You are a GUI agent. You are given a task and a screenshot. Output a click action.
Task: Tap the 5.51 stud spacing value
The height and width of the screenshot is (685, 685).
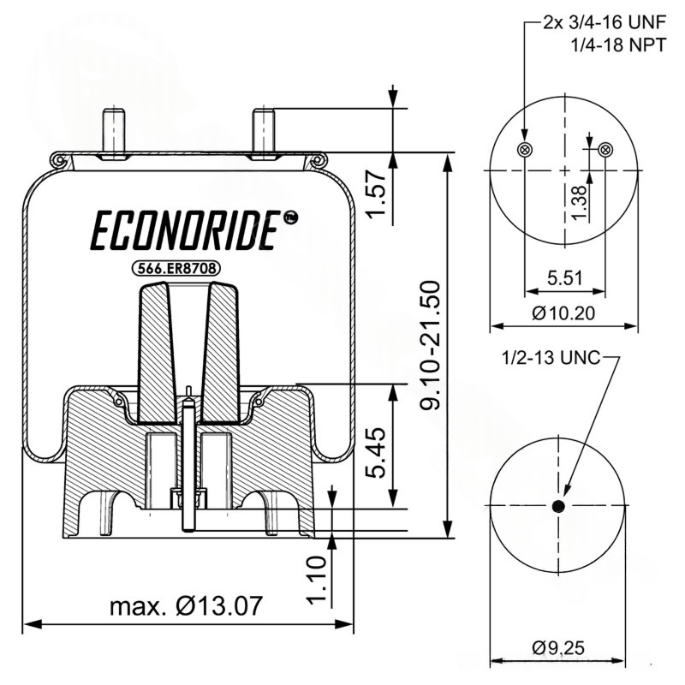(x=564, y=277)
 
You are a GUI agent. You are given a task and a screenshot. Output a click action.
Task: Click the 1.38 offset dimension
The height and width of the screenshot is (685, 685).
(x=580, y=202)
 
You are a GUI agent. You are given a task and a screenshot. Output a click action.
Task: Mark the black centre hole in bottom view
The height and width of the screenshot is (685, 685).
(x=559, y=507)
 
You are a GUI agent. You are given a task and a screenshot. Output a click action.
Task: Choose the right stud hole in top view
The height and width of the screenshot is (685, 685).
(x=605, y=149)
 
